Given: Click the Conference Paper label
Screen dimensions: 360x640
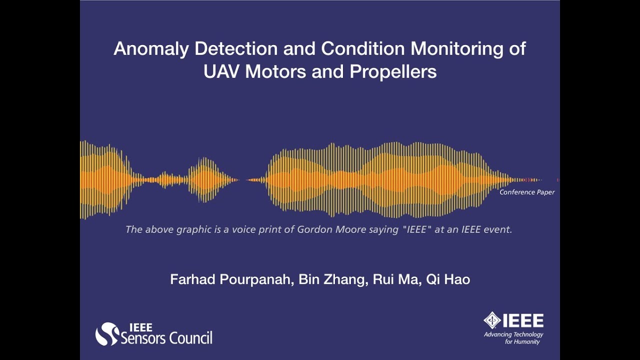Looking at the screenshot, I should (x=527, y=192).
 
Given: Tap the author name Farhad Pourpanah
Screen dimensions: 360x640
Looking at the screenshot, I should (x=230, y=279).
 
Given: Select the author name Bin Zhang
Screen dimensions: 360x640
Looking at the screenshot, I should (x=331, y=279).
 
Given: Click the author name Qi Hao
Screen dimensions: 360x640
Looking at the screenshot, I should (x=448, y=279).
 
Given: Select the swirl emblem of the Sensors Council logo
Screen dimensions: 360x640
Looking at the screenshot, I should (x=106, y=334).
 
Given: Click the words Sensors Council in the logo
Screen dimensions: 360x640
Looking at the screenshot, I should (x=167, y=338).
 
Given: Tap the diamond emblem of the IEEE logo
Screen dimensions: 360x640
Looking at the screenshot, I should (x=492, y=320).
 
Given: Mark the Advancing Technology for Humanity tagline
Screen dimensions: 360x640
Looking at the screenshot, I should (x=513, y=338).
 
